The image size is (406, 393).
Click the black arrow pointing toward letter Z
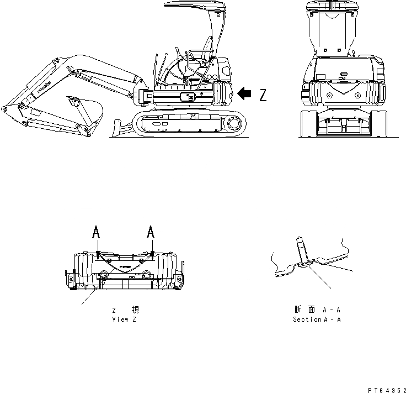click(x=243, y=95)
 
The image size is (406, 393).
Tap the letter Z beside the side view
click(x=263, y=96)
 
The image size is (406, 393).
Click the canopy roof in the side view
click(x=194, y=8)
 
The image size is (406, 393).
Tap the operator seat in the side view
click(x=205, y=50)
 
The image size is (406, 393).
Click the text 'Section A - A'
click(x=317, y=319)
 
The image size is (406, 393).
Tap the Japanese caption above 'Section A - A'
click(x=317, y=310)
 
